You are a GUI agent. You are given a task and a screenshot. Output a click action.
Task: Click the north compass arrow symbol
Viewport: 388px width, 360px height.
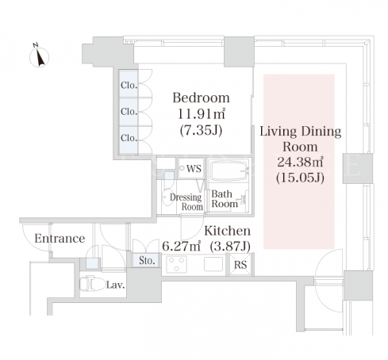40,56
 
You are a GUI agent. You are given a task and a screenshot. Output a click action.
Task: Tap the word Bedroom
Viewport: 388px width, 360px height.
201,98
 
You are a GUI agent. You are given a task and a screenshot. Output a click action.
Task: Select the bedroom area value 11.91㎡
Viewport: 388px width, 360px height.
201,114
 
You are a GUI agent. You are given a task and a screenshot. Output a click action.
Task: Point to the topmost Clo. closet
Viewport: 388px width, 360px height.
129,84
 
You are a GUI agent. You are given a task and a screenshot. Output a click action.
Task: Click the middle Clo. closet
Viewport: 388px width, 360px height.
129,112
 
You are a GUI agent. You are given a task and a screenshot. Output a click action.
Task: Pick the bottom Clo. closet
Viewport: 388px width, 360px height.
129,140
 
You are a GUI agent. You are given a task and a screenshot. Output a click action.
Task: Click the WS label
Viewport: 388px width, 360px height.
194,168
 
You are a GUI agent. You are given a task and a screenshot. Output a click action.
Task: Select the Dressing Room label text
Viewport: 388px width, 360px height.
186,201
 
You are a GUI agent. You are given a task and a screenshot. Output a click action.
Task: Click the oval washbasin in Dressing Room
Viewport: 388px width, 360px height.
167,197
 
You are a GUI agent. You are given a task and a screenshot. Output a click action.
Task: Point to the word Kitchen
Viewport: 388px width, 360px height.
228,231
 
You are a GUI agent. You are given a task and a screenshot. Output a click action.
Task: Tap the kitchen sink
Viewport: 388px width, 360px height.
213,264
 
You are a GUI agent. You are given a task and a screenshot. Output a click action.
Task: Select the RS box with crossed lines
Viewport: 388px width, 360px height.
240,264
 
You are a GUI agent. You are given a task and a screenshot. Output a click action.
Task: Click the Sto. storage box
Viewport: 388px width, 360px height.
147,260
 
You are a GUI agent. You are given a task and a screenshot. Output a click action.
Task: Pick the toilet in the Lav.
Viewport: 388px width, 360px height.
91,283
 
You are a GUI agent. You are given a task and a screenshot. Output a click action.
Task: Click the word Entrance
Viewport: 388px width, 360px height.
60,239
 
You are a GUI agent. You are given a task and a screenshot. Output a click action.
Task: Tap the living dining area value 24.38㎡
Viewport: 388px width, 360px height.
300,162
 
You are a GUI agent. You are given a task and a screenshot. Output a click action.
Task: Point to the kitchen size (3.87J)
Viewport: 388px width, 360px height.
230,247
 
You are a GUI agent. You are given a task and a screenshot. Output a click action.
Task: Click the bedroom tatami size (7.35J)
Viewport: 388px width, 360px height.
201,130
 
